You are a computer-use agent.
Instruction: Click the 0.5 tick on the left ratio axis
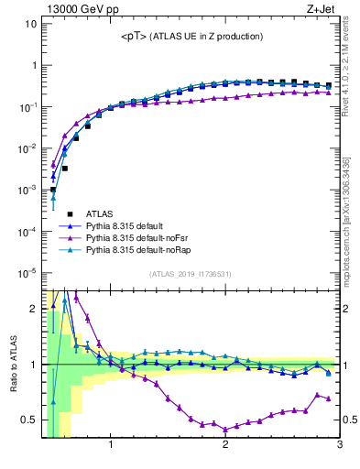coord(28,420)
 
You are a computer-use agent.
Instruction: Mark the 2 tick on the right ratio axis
coord(347,309)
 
